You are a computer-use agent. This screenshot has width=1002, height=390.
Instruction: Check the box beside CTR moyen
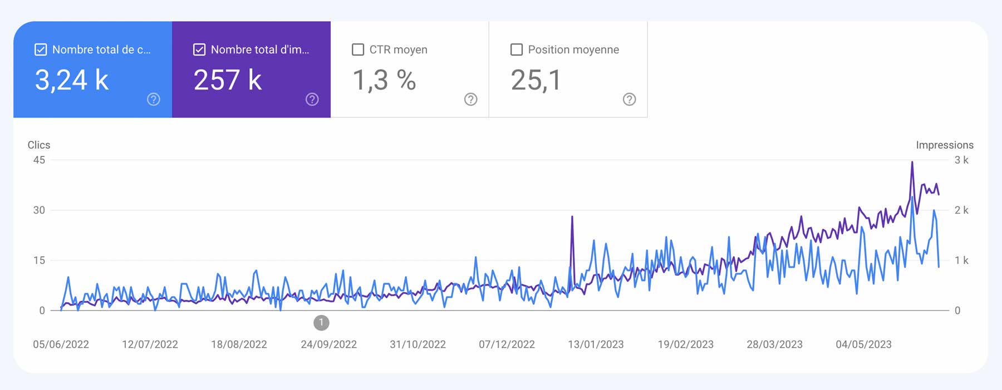pos(358,50)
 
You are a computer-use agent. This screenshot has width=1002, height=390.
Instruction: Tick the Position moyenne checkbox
pos(517,50)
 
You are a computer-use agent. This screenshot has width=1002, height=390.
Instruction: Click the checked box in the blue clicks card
pos(41,50)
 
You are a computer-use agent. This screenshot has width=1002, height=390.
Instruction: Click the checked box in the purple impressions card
pos(199,50)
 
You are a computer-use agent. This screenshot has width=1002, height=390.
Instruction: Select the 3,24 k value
pos(72,80)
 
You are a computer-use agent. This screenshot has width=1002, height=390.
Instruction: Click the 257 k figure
pos(228,80)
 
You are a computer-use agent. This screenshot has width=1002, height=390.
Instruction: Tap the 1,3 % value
pos(385,80)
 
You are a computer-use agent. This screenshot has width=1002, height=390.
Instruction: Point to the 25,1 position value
pos(536,80)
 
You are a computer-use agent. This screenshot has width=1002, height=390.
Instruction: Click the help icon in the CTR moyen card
pos(470,99)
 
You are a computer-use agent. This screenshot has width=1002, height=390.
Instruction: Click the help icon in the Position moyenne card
pos(629,99)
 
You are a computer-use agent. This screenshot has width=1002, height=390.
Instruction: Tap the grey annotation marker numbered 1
pos(321,323)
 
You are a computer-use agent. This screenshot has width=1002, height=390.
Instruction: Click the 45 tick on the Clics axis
pos(39,160)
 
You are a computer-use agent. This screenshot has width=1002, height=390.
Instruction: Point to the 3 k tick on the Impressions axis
pos(961,160)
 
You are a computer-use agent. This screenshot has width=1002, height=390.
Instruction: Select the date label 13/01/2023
pos(596,344)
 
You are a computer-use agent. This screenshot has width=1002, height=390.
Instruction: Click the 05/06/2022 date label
pos(61,344)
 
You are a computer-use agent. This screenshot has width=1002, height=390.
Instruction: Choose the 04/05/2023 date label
pos(863,344)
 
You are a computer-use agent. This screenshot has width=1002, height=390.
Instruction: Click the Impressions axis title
pos(944,145)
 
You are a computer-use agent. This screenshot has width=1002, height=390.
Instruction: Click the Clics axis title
pos(39,145)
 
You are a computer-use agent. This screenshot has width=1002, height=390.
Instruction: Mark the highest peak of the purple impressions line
pos(912,162)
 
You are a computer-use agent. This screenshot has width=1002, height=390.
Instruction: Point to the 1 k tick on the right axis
pos(961,260)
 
